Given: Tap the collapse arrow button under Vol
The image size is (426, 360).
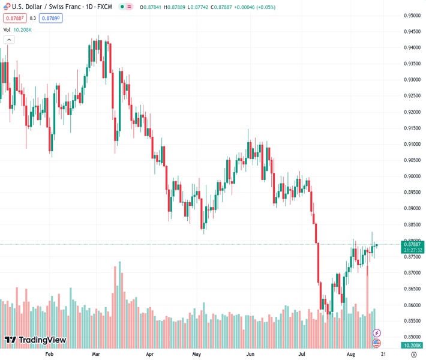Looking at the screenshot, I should pyautogui.click(x=9, y=40).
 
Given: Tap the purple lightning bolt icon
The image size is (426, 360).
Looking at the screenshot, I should pyautogui.click(x=376, y=332).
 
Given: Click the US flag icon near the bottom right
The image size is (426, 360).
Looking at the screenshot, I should pyautogui.click(x=376, y=343).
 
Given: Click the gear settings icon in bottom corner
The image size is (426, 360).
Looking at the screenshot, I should pyautogui.click(x=413, y=355).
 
